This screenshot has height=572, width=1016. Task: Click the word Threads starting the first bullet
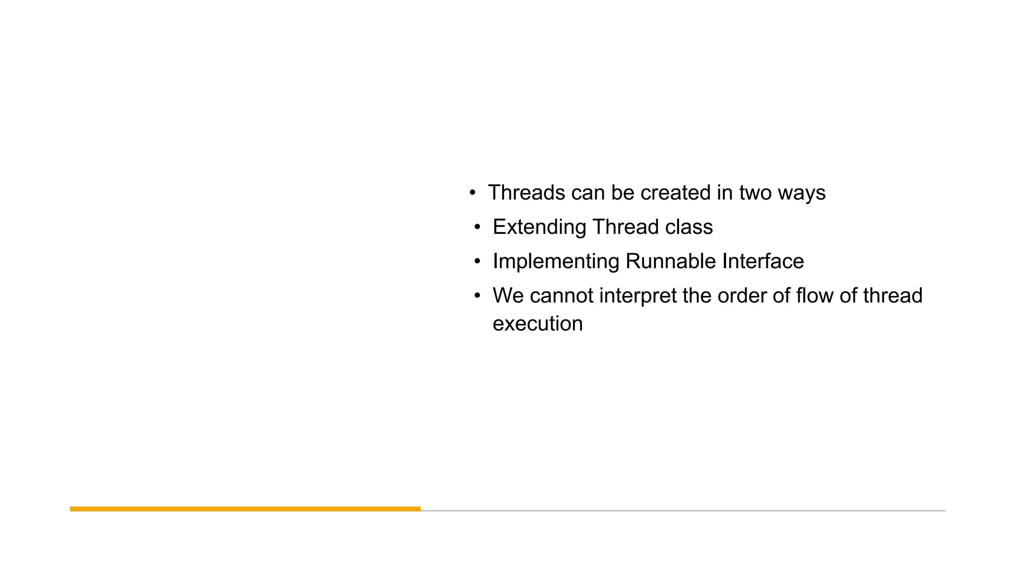526,193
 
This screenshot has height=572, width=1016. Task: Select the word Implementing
556,262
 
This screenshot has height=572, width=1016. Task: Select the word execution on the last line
537,324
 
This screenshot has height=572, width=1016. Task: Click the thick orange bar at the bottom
245,509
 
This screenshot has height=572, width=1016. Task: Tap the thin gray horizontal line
683,510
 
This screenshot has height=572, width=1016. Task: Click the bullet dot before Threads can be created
472,193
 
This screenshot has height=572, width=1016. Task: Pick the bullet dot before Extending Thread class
477,227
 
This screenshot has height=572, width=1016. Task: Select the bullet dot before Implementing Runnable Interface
477,262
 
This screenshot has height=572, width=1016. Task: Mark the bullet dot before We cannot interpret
477,296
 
